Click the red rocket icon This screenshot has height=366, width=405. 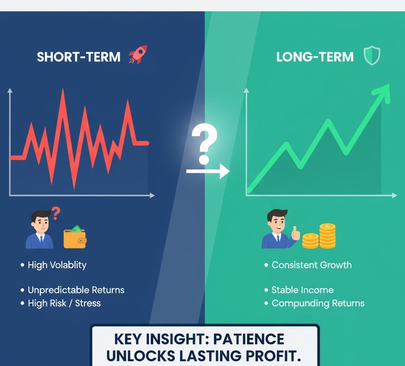click(x=138, y=54)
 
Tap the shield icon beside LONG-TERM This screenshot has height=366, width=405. click(x=372, y=56)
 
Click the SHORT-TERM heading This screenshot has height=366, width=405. click(x=79, y=57)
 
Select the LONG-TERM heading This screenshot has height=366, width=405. click(x=315, y=57)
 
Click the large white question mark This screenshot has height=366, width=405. click(x=204, y=144)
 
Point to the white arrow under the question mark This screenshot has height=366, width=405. click(x=208, y=171)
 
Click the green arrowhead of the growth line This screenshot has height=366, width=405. click(x=382, y=93)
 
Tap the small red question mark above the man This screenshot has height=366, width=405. click(x=56, y=213)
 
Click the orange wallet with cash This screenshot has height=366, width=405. click(x=75, y=237)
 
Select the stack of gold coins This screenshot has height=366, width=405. click(x=319, y=236)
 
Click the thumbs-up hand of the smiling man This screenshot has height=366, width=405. click(x=296, y=233)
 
